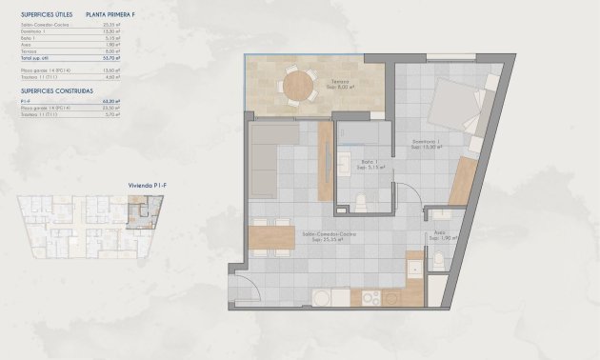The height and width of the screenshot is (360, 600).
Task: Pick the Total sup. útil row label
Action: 36,59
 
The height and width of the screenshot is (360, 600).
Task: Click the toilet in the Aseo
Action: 436,261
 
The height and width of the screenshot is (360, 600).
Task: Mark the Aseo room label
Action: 439,233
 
